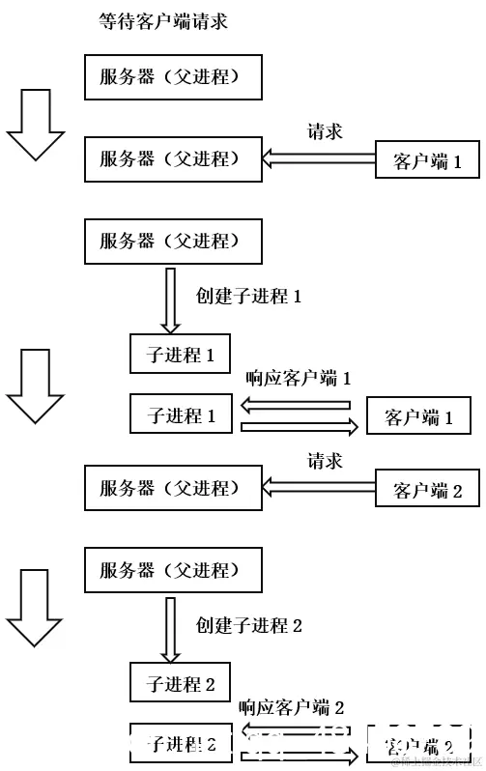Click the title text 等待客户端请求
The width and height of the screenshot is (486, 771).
[163, 21]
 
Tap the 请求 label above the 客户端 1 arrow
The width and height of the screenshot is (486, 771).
[325, 131]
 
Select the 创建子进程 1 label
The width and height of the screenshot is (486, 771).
[249, 297]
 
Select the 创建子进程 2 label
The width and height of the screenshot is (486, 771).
[249, 625]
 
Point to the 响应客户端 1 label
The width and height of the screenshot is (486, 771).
[298, 378]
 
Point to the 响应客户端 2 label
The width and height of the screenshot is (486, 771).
[291, 708]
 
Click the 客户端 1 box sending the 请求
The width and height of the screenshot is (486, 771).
[427, 161]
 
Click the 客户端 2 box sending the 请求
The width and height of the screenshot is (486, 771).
[427, 490]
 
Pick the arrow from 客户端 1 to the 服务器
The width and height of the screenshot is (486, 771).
[319, 160]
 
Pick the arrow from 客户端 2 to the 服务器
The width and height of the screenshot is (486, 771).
[319, 489]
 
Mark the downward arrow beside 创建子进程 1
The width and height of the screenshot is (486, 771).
[171, 300]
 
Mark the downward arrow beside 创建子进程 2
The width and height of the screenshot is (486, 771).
[171, 629]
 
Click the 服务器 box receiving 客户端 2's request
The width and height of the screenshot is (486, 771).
[174, 488]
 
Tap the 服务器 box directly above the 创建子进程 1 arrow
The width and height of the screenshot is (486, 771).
[174, 242]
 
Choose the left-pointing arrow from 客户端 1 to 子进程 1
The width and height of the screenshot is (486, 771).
[296, 406]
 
